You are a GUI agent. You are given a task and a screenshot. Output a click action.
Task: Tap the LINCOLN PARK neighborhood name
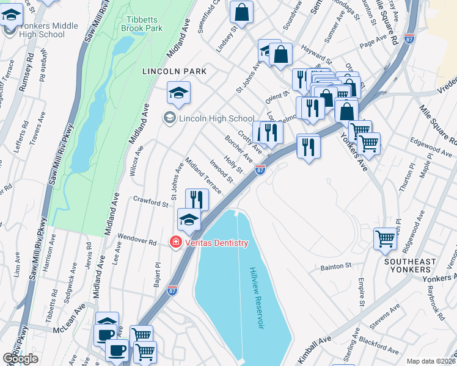[174, 71]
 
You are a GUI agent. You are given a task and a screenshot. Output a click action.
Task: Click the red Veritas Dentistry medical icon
[175, 243]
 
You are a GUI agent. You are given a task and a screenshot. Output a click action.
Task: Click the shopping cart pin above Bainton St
[385, 238]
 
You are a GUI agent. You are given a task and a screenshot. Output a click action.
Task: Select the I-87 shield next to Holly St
[260, 170]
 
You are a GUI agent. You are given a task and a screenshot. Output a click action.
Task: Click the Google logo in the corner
[20, 359]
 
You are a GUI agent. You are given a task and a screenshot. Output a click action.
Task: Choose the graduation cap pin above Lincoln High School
[178, 92]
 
